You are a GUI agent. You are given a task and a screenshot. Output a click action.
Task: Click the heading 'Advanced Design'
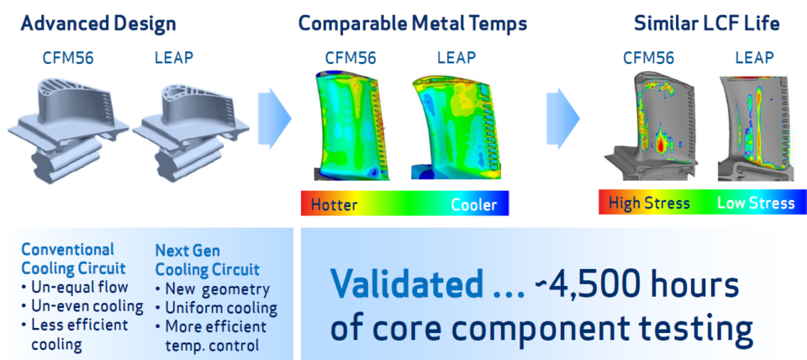click(98, 23)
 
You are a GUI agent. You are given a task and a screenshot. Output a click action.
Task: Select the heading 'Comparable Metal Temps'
click(413, 23)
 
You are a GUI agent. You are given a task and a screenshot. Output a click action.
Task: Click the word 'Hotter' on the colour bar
click(334, 204)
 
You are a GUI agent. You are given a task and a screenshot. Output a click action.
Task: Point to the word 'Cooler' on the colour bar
click(474, 204)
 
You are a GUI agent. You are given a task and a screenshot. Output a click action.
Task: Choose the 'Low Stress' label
click(756, 203)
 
